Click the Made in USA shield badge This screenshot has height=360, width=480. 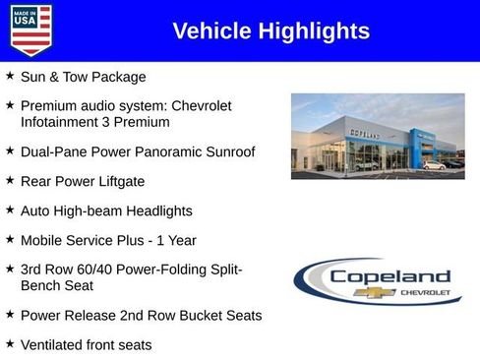30,30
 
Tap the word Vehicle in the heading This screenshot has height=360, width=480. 210,31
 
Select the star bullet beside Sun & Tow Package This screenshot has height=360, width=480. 10,76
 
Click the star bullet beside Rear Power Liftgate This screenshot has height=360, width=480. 10,181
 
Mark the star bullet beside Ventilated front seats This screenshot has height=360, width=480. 10,343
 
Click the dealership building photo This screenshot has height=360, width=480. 378,136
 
